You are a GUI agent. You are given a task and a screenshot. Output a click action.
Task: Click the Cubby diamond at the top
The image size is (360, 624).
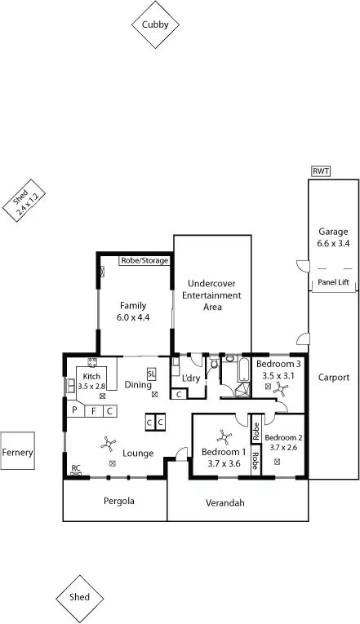155,25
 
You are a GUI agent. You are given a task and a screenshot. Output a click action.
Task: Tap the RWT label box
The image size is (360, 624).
320,171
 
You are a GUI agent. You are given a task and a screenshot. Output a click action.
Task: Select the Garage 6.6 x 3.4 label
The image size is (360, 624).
332,237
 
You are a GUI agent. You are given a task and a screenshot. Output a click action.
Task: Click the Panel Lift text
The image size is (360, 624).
332,282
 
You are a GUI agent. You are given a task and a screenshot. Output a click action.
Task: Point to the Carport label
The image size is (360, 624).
332,378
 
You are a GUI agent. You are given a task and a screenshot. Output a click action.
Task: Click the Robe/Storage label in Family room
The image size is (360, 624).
144,260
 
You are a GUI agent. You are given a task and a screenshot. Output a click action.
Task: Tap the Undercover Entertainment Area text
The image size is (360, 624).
211,295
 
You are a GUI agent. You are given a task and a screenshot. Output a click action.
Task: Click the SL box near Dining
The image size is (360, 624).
152,374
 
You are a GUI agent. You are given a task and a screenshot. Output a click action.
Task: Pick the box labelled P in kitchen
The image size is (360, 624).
74,410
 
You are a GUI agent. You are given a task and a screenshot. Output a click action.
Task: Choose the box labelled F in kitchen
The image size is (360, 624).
94,410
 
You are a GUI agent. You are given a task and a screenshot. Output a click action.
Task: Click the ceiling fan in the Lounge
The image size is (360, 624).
107,444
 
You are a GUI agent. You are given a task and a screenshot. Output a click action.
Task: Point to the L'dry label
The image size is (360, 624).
191,378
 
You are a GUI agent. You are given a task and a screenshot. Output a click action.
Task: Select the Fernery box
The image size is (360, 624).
17,452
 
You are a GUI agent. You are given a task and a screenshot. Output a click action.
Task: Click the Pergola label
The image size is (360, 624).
118,501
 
